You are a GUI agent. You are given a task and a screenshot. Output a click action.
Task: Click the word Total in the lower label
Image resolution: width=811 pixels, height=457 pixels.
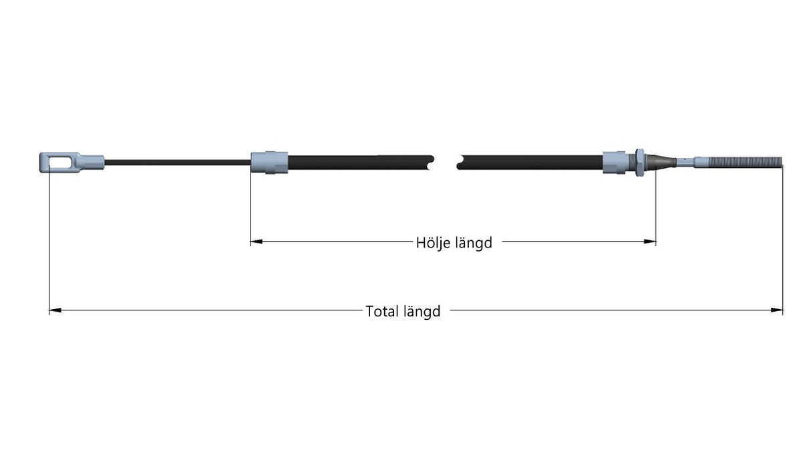click(x=381, y=311)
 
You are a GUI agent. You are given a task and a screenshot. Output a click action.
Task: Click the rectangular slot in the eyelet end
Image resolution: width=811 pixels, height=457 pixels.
click(x=60, y=163)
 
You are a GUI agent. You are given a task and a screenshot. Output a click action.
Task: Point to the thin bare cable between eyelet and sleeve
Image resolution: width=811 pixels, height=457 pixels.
click(x=178, y=163)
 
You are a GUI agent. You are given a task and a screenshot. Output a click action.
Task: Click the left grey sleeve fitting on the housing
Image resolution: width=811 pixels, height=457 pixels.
click(x=269, y=163)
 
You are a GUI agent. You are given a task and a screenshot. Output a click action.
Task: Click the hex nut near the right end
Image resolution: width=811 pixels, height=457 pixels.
click(x=639, y=163)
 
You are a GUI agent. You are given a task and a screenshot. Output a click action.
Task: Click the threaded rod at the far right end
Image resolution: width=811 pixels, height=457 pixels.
click(x=739, y=162)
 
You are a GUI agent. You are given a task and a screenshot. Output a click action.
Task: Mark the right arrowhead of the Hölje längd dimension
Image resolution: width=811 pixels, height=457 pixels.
click(x=650, y=242)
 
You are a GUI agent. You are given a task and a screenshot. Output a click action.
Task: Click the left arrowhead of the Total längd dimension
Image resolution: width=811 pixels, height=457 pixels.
click(x=55, y=310)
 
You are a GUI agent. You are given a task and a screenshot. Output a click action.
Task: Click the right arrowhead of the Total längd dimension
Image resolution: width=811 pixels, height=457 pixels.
click(x=777, y=310)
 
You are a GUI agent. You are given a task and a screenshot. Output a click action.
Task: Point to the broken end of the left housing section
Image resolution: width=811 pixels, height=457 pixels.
click(x=431, y=163)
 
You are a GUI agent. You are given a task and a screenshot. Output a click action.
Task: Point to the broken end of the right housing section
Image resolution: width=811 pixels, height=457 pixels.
click(x=460, y=163)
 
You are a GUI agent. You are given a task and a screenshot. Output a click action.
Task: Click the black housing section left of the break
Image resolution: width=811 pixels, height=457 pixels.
click(x=360, y=163)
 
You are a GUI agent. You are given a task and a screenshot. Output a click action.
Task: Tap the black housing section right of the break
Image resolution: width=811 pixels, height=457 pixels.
click(x=530, y=163)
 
